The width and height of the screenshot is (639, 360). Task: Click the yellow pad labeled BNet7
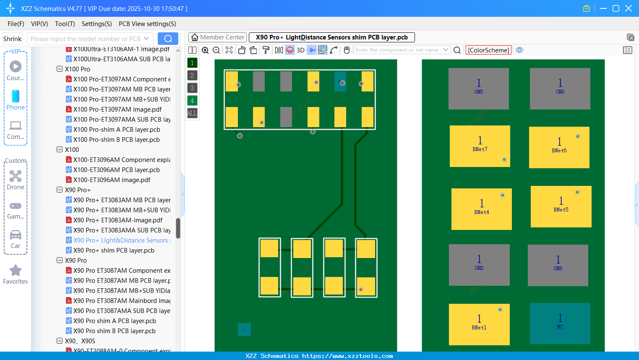(480, 146)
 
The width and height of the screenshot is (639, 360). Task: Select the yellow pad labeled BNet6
(559, 147)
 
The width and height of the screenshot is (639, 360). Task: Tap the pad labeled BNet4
(481, 209)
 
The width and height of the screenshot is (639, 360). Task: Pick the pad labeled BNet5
(561, 206)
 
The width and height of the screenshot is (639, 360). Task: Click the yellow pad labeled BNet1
(479, 324)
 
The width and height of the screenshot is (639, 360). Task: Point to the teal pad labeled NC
(560, 323)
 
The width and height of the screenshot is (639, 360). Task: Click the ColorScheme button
(488, 50)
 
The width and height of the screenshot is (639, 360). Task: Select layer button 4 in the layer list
(192, 100)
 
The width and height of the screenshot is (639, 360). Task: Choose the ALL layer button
(192, 113)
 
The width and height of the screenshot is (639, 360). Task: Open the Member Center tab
(217, 37)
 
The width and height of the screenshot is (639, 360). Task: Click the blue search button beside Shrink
(168, 39)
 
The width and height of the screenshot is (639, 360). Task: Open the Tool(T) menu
(65, 24)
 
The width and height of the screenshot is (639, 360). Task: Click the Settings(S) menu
(97, 24)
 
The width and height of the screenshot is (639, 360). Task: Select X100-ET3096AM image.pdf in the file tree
(112, 180)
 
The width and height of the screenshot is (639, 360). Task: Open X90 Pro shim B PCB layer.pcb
(114, 331)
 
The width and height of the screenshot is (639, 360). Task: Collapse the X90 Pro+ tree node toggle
(60, 190)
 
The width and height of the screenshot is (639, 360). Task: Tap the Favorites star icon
(16, 271)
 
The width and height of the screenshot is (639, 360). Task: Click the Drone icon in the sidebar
(16, 176)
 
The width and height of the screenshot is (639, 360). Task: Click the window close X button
(629, 8)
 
